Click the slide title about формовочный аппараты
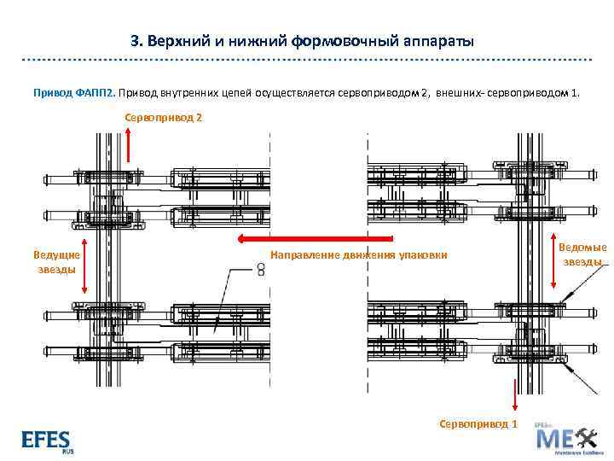click(303, 41)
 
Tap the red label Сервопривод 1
click(478, 423)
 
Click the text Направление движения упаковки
click(358, 255)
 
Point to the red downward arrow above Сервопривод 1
click(514, 396)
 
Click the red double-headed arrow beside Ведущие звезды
click(84, 272)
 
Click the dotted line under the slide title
click(307, 61)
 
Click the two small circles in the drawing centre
click(261, 269)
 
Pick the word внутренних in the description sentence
click(188, 91)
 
